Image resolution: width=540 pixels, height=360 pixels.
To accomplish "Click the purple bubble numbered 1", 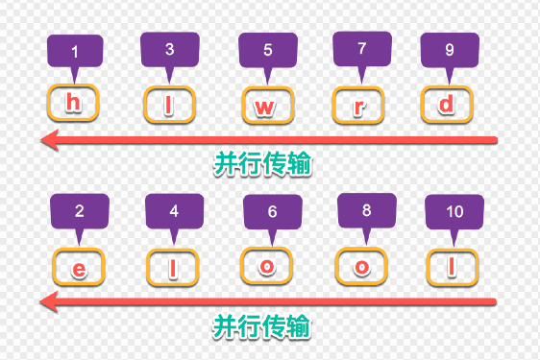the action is (75, 52).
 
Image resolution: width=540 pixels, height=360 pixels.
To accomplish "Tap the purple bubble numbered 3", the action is (170, 50).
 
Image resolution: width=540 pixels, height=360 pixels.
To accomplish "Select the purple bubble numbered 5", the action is (268, 51).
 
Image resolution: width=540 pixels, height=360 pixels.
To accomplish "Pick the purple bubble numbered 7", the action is (362, 49).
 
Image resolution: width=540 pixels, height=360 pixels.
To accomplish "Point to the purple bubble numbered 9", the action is (450, 50).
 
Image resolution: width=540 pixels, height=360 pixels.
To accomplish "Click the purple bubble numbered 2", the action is (80, 211).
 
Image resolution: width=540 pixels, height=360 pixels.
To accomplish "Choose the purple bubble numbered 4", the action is (174, 211).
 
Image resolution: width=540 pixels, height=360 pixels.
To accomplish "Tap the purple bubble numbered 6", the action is (273, 212).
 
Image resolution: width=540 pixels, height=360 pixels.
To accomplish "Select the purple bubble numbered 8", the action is (367, 210).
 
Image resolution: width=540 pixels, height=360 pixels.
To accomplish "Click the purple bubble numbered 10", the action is (454, 212).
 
